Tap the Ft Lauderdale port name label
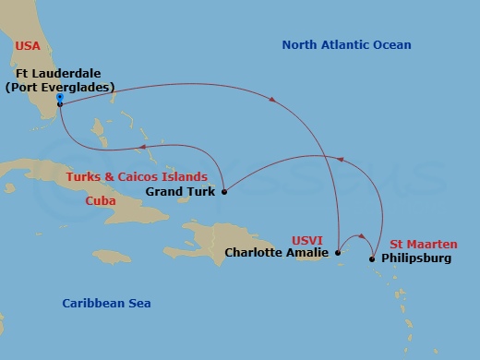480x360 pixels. (x=59, y=74)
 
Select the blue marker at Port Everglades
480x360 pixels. (x=59, y=97)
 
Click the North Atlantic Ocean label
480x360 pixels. (x=346, y=45)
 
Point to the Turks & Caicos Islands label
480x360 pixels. (x=146, y=176)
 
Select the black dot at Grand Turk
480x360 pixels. (x=224, y=192)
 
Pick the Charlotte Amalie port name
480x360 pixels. (x=276, y=252)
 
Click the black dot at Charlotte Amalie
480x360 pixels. (x=338, y=252)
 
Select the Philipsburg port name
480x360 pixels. (x=416, y=258)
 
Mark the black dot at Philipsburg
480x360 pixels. (x=372, y=258)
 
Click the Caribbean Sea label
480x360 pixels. (x=106, y=303)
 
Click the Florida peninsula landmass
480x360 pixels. (x=42, y=102)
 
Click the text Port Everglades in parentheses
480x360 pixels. (x=59, y=88)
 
